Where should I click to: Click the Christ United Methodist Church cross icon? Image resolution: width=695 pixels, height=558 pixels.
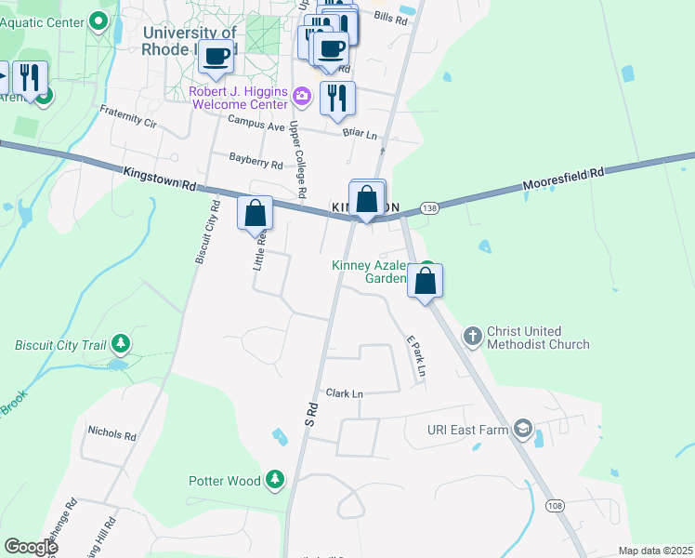472,335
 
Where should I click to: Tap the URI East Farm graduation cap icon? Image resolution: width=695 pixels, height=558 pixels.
524,429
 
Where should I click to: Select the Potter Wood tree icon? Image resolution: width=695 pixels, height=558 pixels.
275,480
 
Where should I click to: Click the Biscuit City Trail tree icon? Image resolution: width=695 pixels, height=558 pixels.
120,345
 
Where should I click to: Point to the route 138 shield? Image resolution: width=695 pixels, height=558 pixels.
428,207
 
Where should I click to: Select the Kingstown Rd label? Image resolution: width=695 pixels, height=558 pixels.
159,179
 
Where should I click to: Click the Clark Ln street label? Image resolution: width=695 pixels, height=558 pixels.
344,393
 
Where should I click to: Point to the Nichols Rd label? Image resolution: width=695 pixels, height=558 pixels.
111,433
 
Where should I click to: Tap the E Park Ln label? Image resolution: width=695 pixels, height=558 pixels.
414,356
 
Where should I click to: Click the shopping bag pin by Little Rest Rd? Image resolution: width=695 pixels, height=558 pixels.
255,212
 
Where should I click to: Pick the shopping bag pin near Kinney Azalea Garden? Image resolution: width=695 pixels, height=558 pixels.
425,280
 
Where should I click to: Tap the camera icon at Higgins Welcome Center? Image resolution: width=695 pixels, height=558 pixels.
301,96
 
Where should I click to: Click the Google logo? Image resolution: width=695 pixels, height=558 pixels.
31,547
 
